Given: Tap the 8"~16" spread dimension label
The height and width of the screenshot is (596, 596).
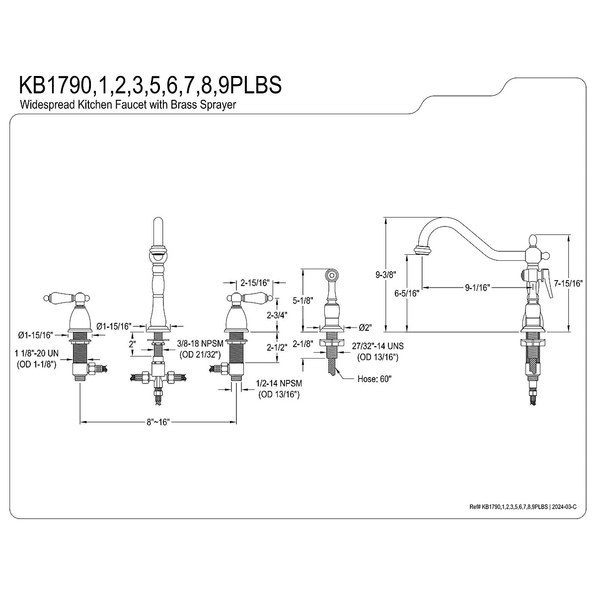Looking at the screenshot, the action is pyautogui.click(x=158, y=422).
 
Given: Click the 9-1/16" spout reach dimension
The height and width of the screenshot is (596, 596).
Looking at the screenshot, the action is pyautogui.click(x=477, y=287).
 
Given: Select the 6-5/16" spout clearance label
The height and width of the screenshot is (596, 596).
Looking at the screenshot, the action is pyautogui.click(x=406, y=293).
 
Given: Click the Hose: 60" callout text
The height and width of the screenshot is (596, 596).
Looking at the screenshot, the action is pyautogui.click(x=374, y=379).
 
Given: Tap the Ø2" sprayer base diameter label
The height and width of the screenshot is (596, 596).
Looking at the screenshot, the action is pyautogui.click(x=365, y=328).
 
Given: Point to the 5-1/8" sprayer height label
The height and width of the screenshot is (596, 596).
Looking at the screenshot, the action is pyautogui.click(x=302, y=300).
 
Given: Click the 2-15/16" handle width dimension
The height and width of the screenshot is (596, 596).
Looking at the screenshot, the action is pyautogui.click(x=254, y=283).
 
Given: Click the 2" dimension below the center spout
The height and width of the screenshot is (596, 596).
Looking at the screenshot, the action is pyautogui.click(x=132, y=344).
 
